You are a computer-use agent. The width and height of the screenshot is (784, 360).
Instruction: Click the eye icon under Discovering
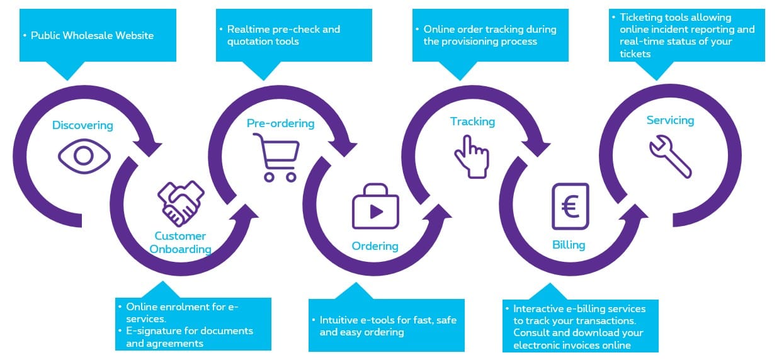click(84, 155)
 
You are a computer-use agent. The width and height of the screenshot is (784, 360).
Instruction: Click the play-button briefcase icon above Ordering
click(375, 207)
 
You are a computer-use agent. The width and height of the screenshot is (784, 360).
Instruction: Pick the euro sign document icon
click(570, 206)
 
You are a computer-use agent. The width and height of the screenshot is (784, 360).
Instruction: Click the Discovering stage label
click(82, 125)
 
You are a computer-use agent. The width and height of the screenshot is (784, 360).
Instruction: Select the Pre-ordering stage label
click(280, 123)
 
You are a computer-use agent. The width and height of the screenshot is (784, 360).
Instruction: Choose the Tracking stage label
click(472, 121)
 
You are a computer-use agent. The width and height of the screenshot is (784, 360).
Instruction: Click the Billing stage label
click(569, 245)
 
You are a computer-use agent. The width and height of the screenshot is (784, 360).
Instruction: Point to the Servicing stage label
click(670, 120)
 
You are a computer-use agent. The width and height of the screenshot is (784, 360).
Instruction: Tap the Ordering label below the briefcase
click(375, 245)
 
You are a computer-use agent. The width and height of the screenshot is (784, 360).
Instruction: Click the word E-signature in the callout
click(154, 331)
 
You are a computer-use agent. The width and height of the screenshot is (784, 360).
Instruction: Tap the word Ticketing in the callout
click(643, 18)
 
